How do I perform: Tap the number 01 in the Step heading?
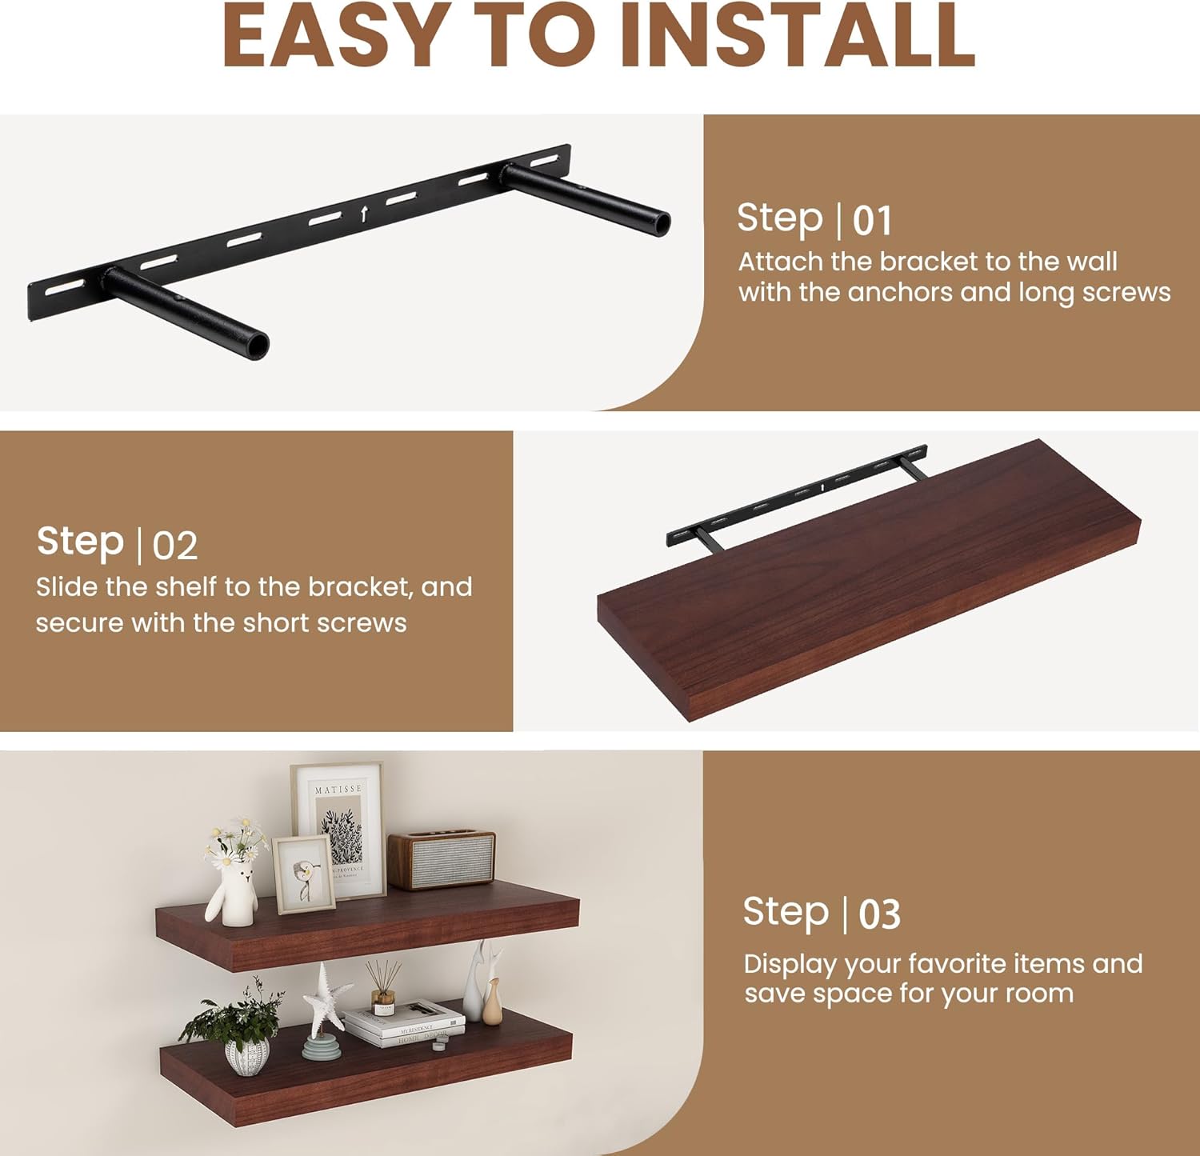tap(871, 221)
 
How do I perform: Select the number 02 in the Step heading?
tap(174, 546)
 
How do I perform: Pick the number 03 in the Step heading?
tap(879, 914)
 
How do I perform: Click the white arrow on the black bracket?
tap(365, 214)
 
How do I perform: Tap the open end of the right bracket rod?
tap(662, 223)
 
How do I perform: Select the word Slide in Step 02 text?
tap(67, 587)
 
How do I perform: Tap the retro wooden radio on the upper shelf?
tap(441, 859)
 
